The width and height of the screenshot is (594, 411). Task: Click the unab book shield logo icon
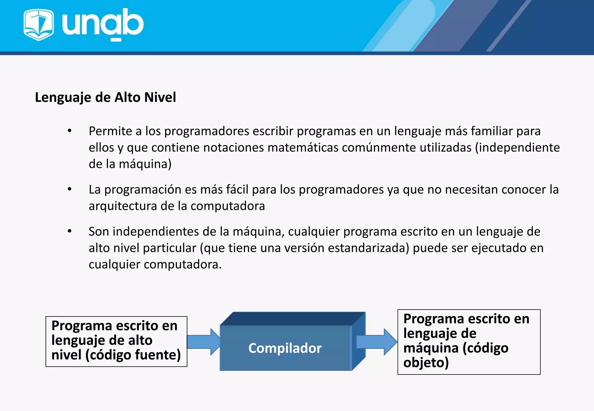(39, 24)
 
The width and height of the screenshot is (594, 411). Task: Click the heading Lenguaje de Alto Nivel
(105, 97)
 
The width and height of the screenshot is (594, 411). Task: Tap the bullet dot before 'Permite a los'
(70, 131)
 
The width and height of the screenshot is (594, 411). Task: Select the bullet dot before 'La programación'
(70, 190)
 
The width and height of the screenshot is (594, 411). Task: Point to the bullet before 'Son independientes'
(70, 231)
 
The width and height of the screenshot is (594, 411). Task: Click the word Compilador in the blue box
(285, 348)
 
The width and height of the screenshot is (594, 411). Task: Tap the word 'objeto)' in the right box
(426, 363)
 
